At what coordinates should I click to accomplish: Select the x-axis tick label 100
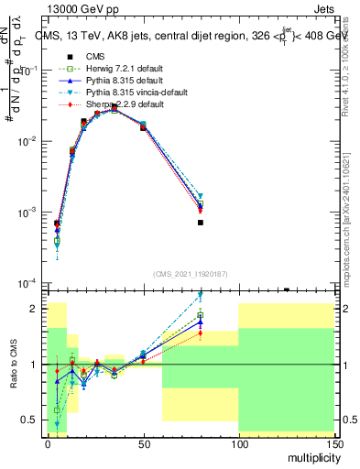[x=238, y=442]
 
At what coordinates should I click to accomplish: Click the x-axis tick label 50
[x=143, y=442]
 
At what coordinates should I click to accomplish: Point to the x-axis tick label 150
[x=333, y=442]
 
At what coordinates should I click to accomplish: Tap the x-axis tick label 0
[x=48, y=442]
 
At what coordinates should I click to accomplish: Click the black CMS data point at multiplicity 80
[x=200, y=223]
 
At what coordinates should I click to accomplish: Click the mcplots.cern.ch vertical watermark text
[x=352, y=220]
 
